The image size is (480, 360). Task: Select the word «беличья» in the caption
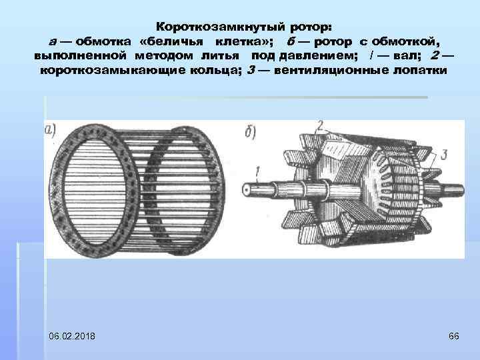(x=169, y=41)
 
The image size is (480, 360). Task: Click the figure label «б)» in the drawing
(x=251, y=131)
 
